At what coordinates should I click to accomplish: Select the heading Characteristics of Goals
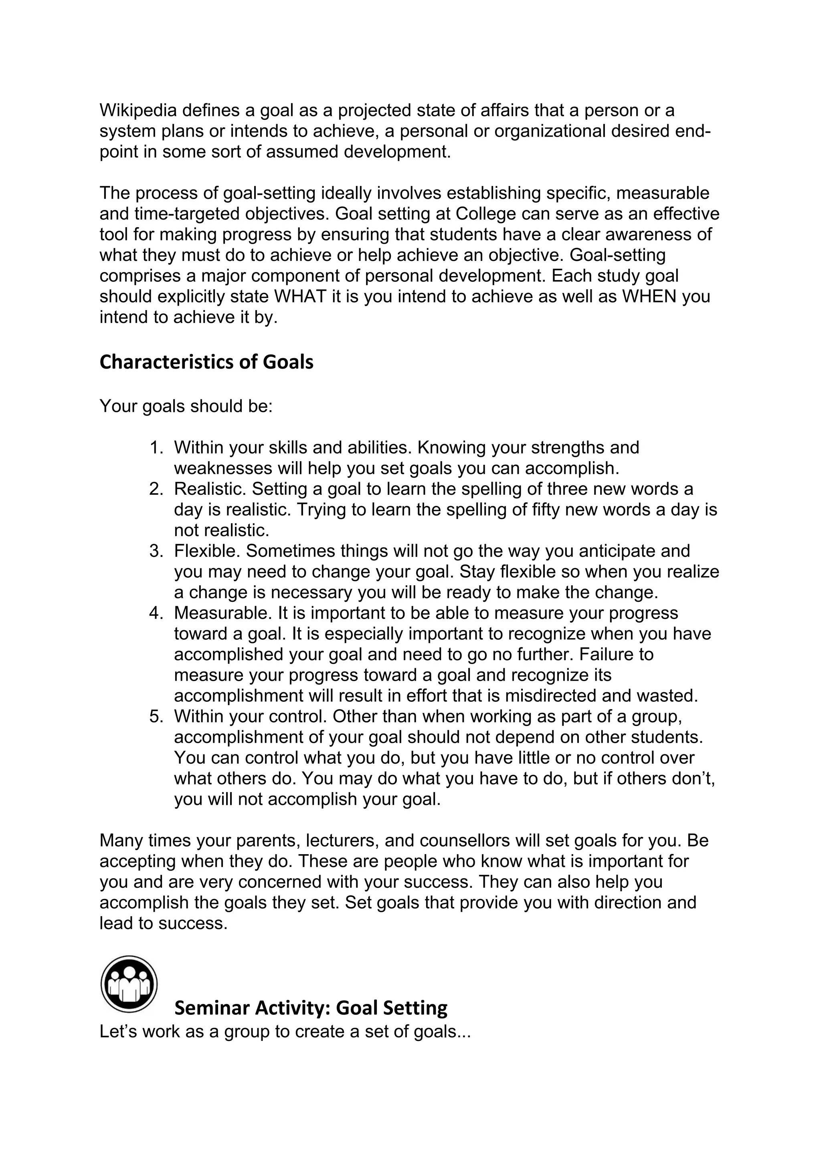pos(206,362)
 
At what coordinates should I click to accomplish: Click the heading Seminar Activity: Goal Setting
pos(311,1008)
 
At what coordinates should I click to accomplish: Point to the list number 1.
pos(156,447)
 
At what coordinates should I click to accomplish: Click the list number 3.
pos(156,551)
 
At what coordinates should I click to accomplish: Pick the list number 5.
pos(156,716)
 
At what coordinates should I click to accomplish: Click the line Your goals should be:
pos(186,406)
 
